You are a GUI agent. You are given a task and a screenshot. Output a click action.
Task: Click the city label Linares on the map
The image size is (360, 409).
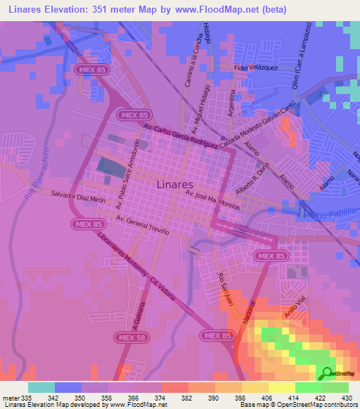click(169, 184)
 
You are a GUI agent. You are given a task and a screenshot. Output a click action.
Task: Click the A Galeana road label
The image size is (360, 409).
click(138, 320)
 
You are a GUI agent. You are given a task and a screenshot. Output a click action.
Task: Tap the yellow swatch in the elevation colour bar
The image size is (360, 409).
click(281, 387)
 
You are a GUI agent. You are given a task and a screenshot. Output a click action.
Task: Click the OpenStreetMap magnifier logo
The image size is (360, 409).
click(326, 374)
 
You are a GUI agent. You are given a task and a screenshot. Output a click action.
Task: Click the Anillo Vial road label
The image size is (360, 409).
click(293, 303)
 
